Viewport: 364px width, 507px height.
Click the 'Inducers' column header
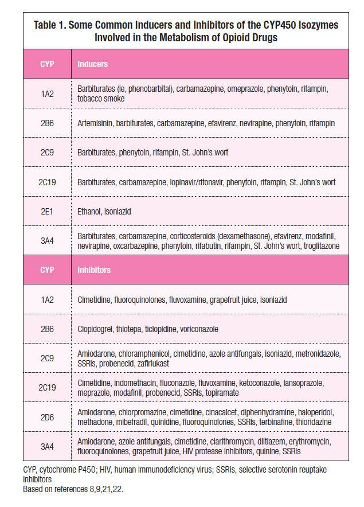click(x=93, y=64)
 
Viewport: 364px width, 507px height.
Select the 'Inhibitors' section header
click(x=94, y=269)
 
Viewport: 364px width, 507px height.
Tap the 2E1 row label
click(x=47, y=212)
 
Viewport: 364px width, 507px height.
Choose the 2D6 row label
click(x=47, y=417)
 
